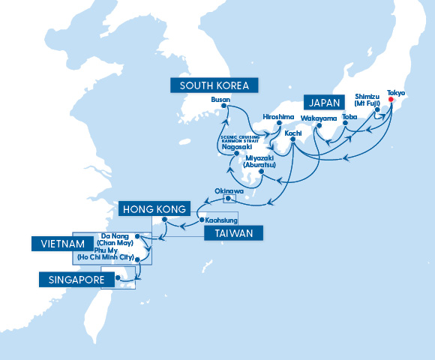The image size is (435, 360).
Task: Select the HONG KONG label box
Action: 154,208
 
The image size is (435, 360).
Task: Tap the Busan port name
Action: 220,99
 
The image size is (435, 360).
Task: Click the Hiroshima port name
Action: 279,116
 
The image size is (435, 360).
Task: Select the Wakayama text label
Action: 319,118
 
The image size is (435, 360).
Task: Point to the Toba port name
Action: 349,117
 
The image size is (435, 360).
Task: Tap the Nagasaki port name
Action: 237,147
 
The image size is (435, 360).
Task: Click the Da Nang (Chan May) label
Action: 116,238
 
